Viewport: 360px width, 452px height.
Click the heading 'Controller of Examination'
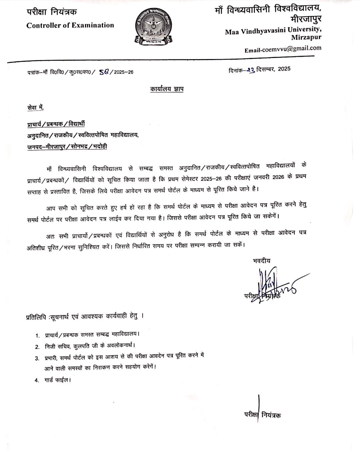(70, 25)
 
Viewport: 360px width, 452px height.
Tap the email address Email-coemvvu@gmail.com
(283, 49)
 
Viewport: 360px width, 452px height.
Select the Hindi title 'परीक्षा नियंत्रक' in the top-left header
(52, 12)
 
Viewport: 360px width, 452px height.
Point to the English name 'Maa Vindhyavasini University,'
(273, 31)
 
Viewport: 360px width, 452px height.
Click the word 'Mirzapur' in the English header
(306, 38)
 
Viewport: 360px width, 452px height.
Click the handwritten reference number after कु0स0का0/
(104, 72)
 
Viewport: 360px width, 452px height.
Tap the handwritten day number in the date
(251, 69)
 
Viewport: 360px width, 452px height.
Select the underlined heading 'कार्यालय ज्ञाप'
(167, 89)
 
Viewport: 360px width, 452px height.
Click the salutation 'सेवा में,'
(35, 107)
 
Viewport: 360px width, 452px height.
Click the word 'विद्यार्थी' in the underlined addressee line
(76, 124)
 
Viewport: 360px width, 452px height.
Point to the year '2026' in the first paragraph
(278, 177)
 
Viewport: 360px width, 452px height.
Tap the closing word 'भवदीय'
(262, 261)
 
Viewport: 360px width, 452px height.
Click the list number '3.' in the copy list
(37, 358)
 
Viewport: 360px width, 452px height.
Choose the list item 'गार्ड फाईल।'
(58, 380)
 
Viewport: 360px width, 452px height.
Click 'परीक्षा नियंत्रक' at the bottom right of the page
(262, 415)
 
